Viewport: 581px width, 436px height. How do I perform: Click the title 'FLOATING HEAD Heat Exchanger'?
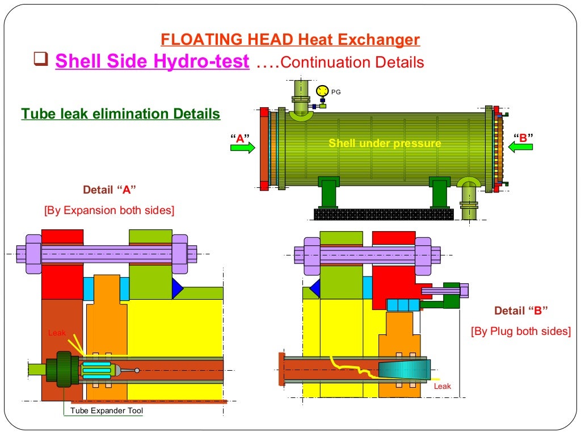tap(290, 40)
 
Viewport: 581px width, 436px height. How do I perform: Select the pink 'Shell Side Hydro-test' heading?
tap(152, 61)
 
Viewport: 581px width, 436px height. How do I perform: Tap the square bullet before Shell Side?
tap(40, 60)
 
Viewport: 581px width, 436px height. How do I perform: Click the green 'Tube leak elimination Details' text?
tap(120, 114)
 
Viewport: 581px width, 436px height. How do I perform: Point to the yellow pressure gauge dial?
tap(322, 90)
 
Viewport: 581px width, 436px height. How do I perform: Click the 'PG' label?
tap(336, 92)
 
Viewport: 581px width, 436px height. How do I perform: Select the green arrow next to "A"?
tap(243, 148)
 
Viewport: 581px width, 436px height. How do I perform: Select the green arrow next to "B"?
tap(520, 147)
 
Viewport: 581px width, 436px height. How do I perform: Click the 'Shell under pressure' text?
tap(385, 144)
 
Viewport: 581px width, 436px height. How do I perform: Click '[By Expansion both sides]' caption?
tap(109, 210)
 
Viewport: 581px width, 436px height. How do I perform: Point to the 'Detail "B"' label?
tap(520, 311)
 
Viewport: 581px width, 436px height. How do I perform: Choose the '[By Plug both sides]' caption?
tap(520, 331)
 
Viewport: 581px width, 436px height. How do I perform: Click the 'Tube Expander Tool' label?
tap(106, 410)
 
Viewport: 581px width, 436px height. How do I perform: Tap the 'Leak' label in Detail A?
tap(57, 333)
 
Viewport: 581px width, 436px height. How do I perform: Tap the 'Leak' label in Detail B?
tap(442, 386)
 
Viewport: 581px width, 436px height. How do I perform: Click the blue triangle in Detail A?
tap(177, 288)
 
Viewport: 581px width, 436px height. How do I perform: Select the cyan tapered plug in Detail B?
tap(404, 370)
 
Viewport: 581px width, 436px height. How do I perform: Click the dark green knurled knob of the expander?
tap(64, 369)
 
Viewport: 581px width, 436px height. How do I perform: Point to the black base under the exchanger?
tap(383, 214)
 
